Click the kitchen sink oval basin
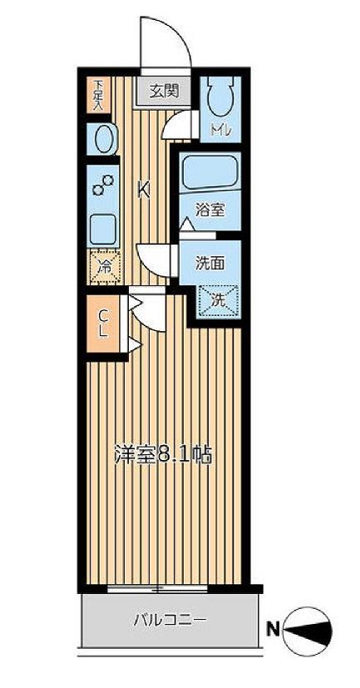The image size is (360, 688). coord(103,139)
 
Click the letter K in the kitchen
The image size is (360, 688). coord(143,190)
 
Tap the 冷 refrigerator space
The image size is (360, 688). coord(105,267)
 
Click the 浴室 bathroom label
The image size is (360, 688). coord(210,210)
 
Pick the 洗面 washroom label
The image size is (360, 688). coord(210,263)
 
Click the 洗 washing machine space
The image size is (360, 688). coord(218,300)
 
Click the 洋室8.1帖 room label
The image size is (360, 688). coord(162,455)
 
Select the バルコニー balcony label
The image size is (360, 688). coord(170,620)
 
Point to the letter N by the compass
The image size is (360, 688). coord(271,630)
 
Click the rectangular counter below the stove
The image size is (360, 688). coord(104,227)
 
